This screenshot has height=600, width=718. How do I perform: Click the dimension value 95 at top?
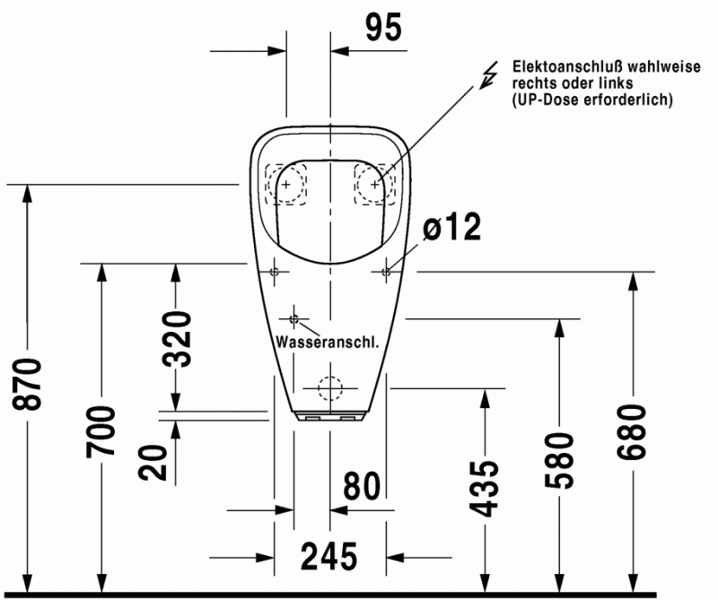(383, 29)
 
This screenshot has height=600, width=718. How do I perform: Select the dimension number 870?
(30, 385)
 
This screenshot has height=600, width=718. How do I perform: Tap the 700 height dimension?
(101, 431)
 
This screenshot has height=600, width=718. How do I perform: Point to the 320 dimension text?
(176, 339)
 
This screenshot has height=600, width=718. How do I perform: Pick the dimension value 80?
(362, 486)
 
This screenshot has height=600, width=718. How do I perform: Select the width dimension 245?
(328, 557)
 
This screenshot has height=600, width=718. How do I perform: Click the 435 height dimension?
(486, 488)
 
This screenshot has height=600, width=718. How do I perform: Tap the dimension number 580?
(560, 460)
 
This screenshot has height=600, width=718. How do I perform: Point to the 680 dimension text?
(633, 431)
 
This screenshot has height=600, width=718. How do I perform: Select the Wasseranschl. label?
(326, 343)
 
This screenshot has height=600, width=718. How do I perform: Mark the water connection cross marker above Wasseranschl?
(293, 318)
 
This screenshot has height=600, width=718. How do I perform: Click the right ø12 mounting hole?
(386, 270)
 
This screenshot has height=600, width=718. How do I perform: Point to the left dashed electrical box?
(286, 184)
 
